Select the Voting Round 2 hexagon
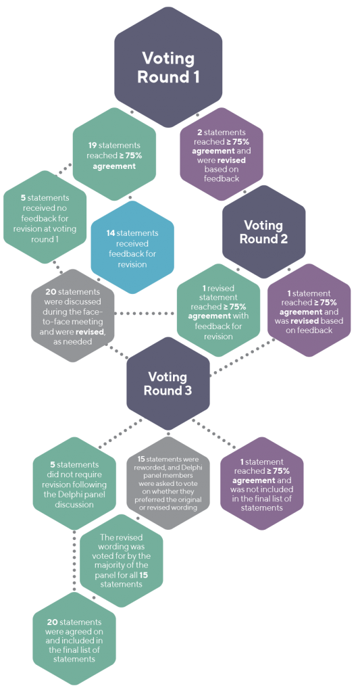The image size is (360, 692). (x=263, y=232)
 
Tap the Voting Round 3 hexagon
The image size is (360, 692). (x=170, y=384)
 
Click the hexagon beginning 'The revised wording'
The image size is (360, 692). (x=121, y=560)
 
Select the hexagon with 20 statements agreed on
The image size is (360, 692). (x=74, y=639)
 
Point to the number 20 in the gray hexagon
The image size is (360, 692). (x=51, y=292)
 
